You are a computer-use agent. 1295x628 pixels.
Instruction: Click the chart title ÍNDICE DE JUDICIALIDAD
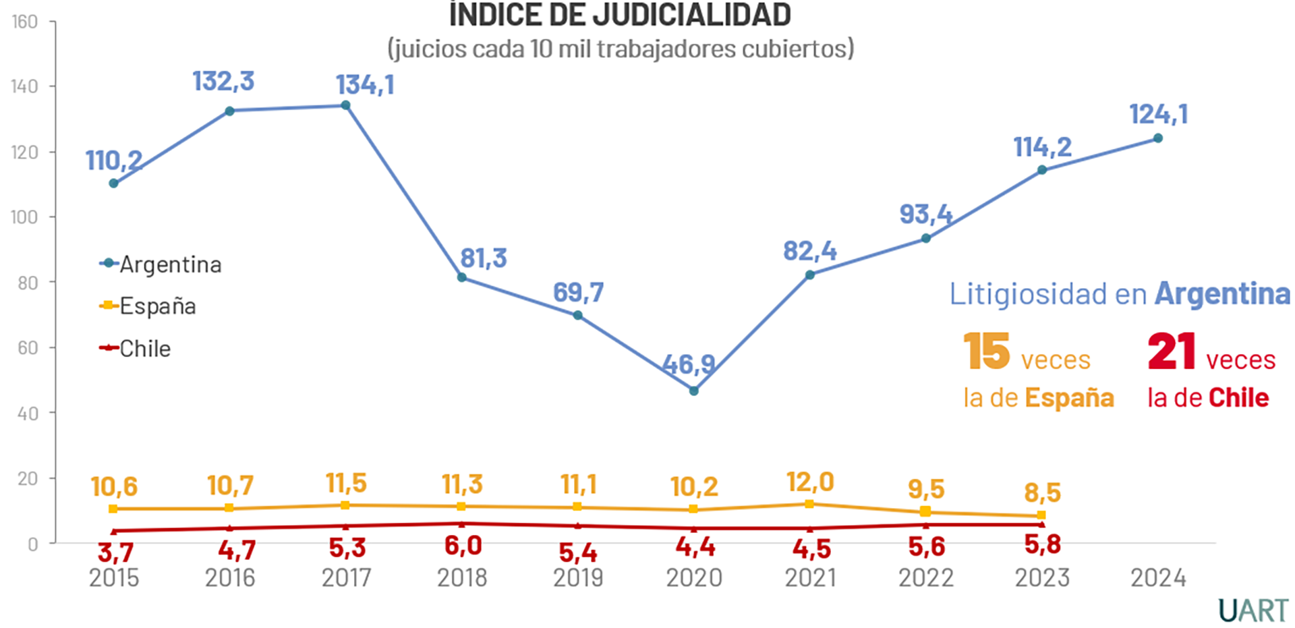[x=620, y=15]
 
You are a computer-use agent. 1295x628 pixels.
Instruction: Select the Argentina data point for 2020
[x=693, y=391]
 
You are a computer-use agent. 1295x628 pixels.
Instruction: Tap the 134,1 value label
[x=365, y=85]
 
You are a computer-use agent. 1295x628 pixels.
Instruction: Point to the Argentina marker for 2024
[x=1157, y=138]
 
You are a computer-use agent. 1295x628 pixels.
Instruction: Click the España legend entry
[x=148, y=306]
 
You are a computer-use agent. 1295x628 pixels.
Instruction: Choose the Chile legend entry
[x=136, y=349]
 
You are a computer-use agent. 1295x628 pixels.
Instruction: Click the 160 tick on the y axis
[x=24, y=22]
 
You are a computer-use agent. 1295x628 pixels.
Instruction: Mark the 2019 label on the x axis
[x=578, y=578]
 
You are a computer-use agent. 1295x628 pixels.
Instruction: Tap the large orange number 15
[x=986, y=351]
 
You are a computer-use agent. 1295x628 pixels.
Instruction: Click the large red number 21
[x=1172, y=351]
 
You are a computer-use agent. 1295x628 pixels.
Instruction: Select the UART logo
[x=1253, y=610]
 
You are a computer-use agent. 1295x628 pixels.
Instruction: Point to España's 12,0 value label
[x=810, y=482]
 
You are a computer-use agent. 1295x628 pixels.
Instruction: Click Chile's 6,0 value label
[x=463, y=546]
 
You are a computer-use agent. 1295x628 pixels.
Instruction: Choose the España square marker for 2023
[x=1041, y=515]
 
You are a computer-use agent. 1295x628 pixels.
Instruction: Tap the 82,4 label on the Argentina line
[x=809, y=251]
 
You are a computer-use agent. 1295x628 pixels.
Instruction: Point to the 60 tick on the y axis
[x=28, y=348]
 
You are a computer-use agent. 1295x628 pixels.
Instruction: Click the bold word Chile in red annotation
[x=1238, y=398]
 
